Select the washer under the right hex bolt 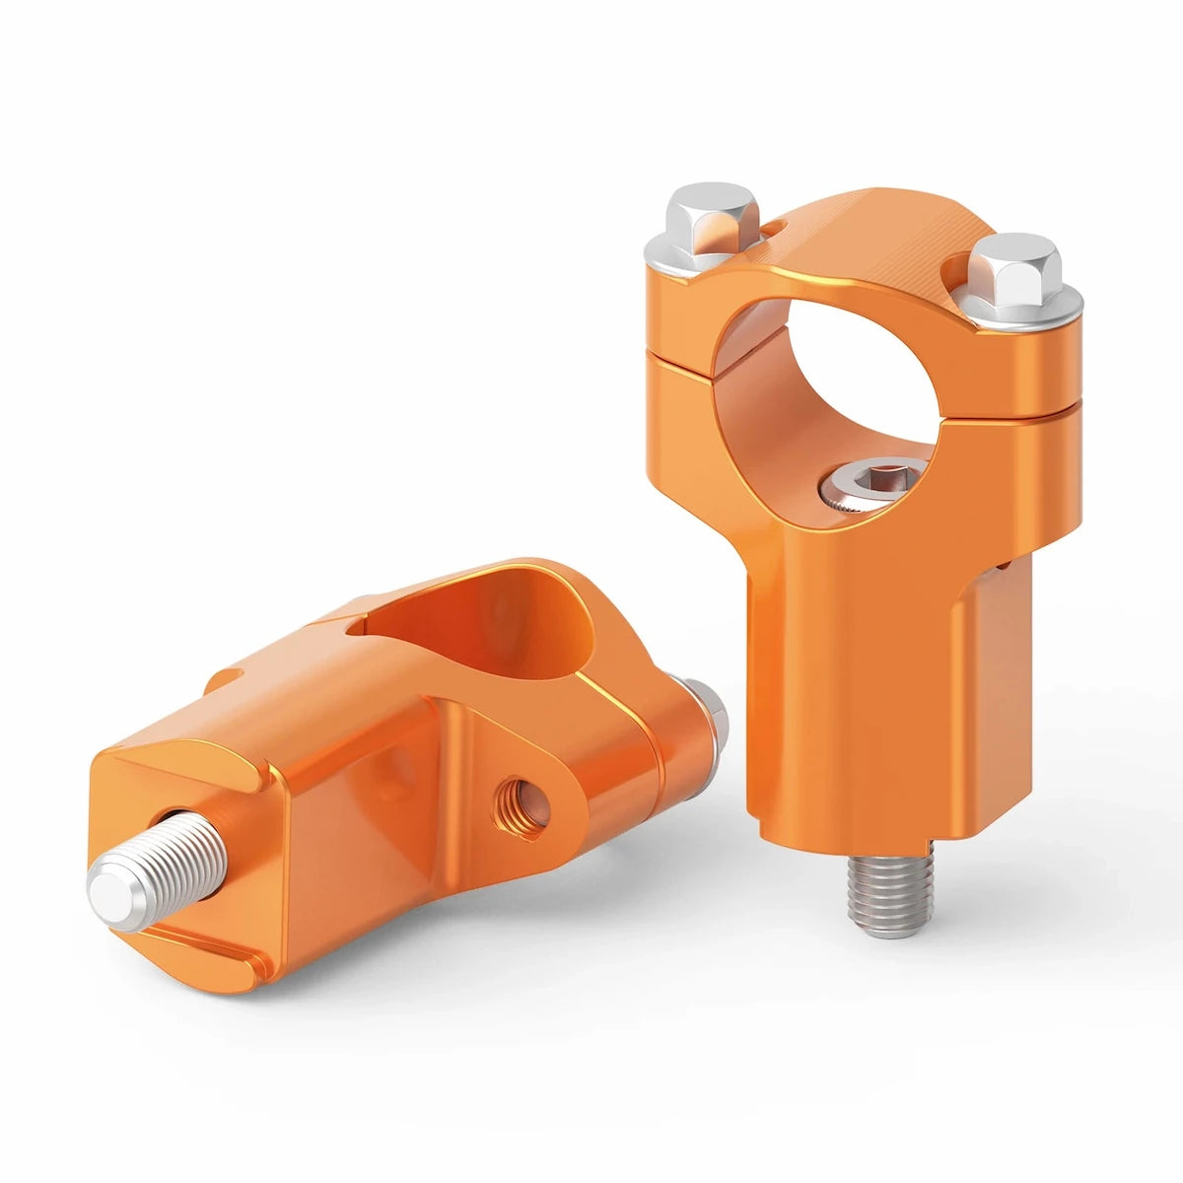(x=1025, y=308)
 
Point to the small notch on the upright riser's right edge (x=1004, y=566)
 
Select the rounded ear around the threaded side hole (x=552, y=789)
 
